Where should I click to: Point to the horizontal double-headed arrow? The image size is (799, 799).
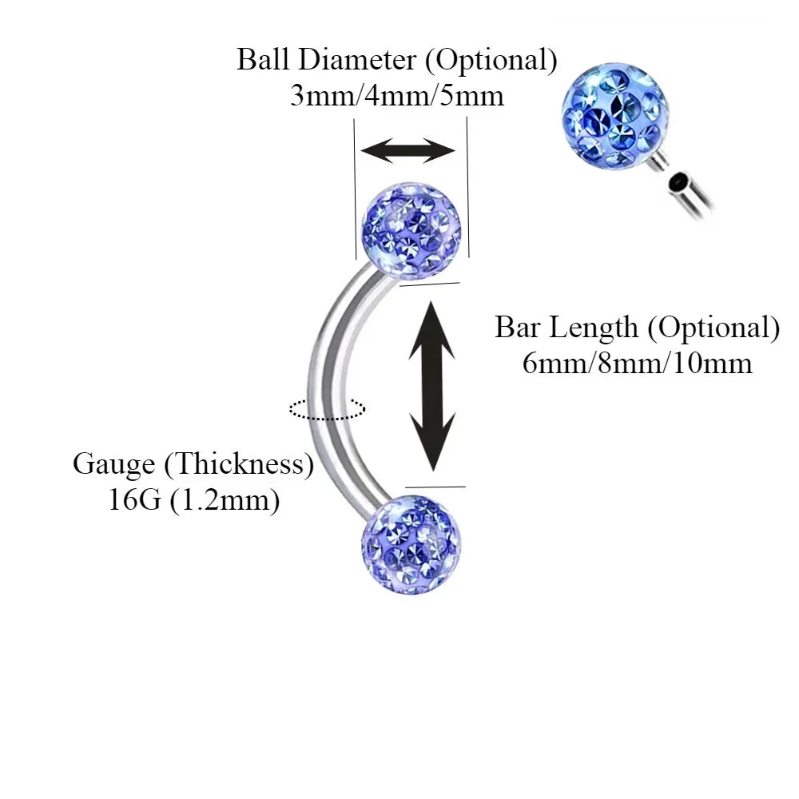coord(407,149)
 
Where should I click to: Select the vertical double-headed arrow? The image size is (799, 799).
coord(432,385)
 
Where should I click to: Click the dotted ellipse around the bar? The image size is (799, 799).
coord(328,409)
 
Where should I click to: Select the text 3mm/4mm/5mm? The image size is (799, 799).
coord(397,97)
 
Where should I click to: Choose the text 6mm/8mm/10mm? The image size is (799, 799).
coord(637,364)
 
